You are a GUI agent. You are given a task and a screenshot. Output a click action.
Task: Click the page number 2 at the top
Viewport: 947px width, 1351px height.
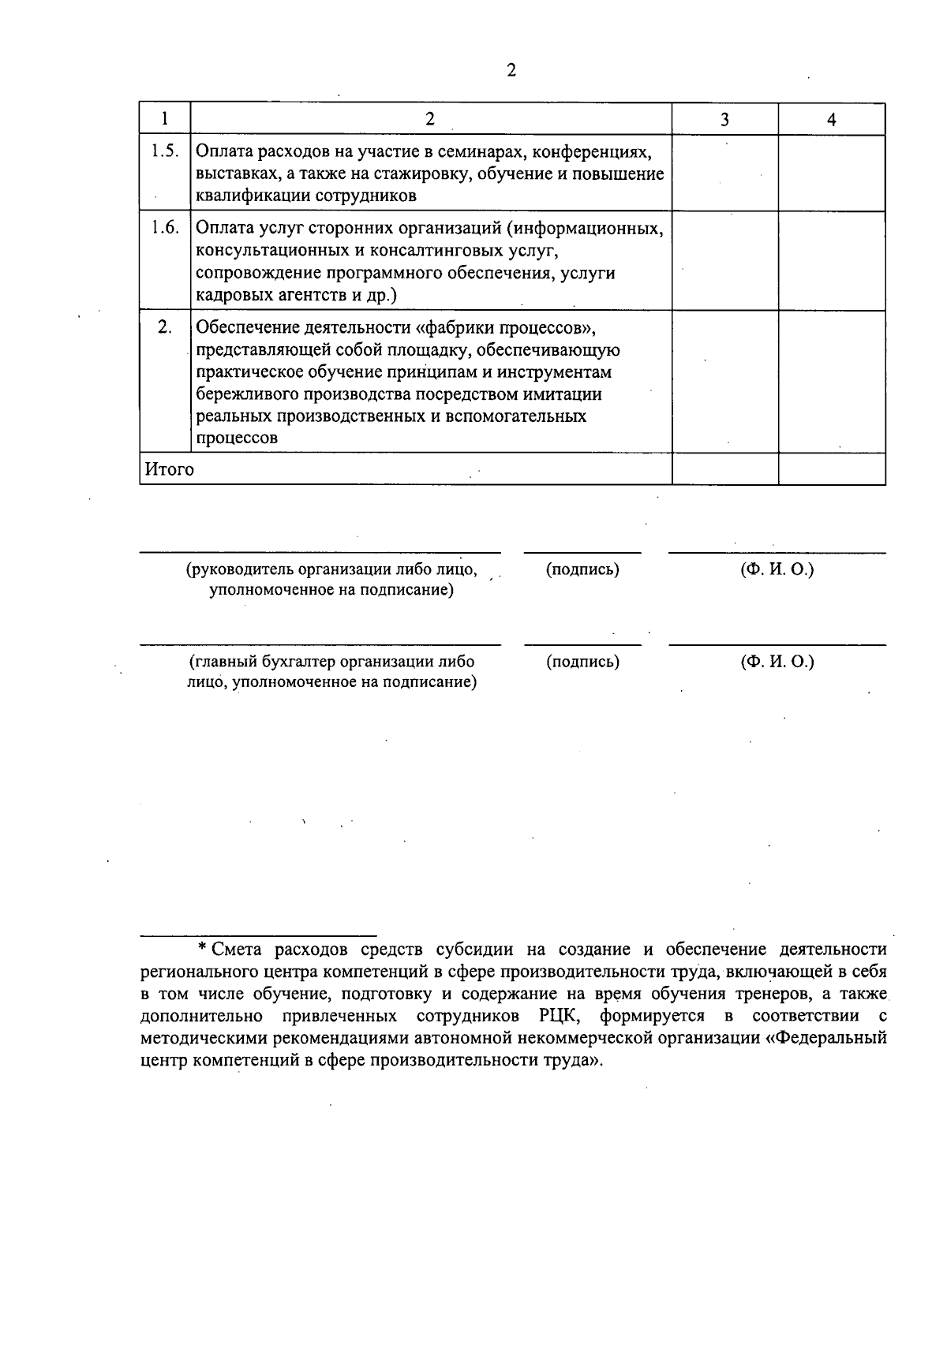(511, 71)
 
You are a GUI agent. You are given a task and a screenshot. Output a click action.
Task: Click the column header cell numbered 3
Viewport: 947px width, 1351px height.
(724, 119)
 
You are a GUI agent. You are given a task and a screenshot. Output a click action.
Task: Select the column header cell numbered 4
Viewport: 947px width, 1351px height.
(831, 119)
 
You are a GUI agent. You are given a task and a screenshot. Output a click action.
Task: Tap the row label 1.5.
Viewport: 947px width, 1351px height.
(165, 151)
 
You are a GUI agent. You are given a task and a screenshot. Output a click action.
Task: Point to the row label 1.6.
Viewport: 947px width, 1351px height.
(165, 228)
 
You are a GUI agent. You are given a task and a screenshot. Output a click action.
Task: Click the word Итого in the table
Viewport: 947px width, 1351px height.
(169, 469)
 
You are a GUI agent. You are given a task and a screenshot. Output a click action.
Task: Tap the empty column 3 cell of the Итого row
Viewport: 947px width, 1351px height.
(724, 469)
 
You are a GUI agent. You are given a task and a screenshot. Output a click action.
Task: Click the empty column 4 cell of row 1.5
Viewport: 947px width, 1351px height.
(831, 174)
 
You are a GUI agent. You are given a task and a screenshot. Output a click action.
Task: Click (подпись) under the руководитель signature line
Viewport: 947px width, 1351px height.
(582, 569)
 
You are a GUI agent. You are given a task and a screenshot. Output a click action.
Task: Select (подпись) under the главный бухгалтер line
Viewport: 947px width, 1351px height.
(582, 662)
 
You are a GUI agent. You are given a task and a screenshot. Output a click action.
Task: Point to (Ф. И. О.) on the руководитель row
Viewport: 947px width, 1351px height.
(777, 569)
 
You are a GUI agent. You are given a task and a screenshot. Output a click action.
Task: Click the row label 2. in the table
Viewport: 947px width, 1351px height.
(165, 327)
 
